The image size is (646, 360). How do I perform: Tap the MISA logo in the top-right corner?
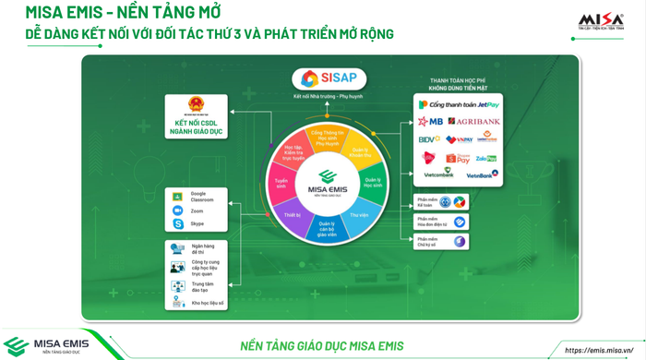click(x=601, y=21)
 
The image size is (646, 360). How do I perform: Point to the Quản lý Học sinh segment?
click(x=372, y=183)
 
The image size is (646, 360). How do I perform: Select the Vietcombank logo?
click(x=438, y=174)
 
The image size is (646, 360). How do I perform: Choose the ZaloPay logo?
click(x=486, y=158)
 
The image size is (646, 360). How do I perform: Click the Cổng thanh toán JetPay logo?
click(x=459, y=105)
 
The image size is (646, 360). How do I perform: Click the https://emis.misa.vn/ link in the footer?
click(x=604, y=350)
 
